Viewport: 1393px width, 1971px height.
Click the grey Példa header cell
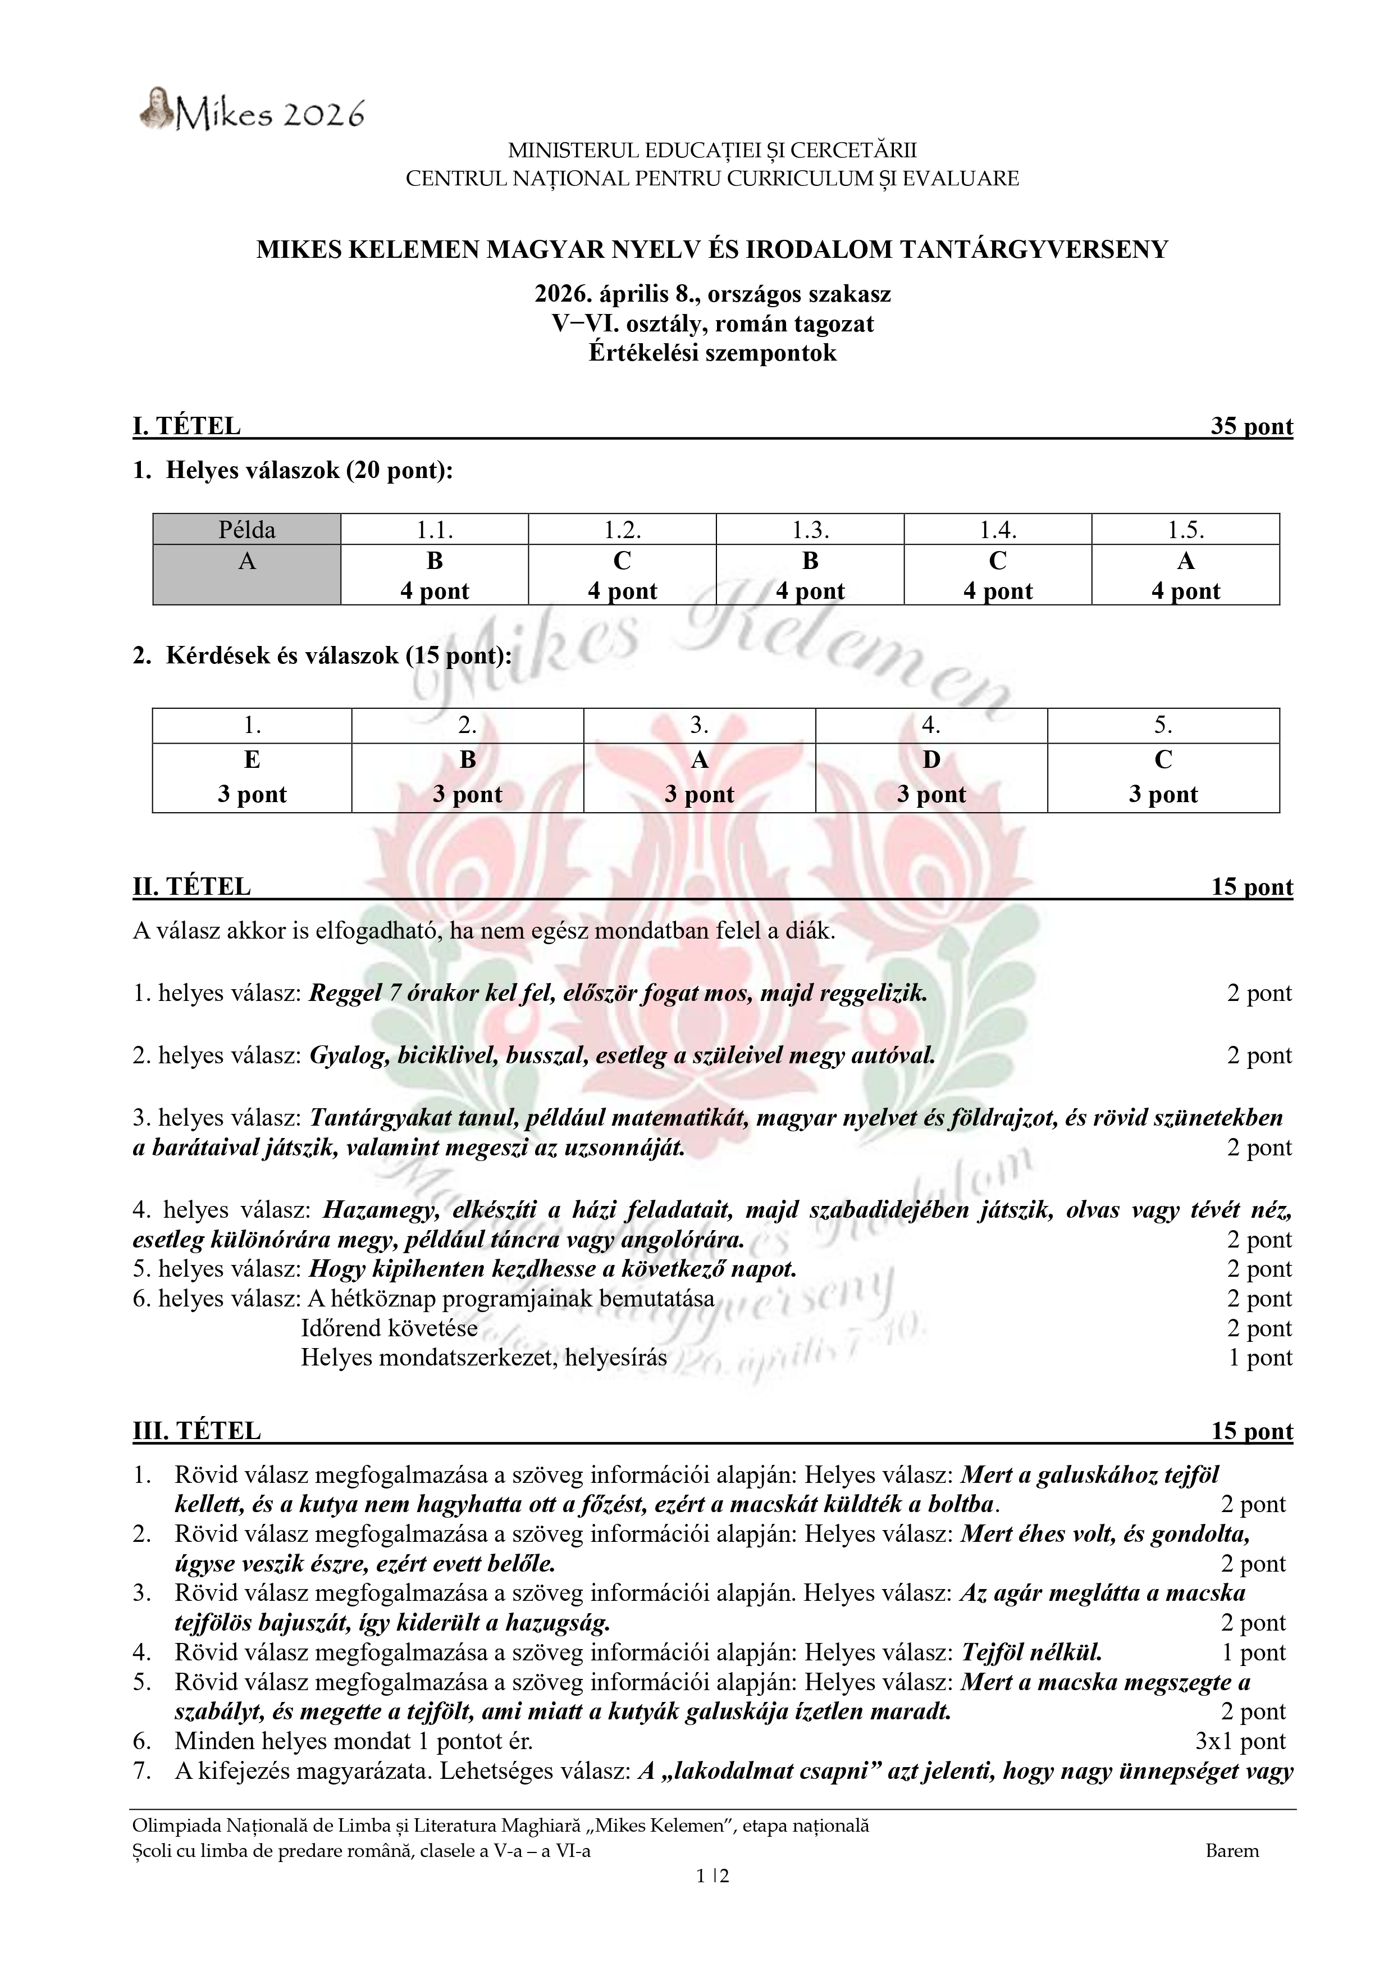(247, 530)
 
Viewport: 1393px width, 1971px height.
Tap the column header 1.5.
(1185, 530)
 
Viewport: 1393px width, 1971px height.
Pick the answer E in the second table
(252, 760)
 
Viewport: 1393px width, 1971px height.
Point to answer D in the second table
(931, 760)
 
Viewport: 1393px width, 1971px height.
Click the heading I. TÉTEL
(186, 427)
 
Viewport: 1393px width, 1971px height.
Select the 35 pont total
(1252, 427)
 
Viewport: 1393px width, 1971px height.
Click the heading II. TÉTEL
(191, 887)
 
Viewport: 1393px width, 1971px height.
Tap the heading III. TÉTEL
(197, 1431)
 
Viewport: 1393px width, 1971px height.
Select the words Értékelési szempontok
(713, 353)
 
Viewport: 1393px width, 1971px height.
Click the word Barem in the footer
(1232, 1851)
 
